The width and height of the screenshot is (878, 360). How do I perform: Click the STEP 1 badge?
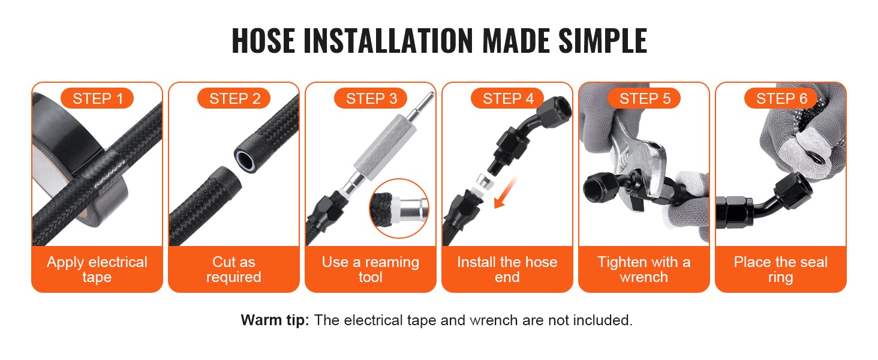tap(97, 98)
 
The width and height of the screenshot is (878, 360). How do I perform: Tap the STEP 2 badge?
tap(234, 98)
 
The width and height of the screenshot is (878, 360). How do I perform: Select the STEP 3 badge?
tap(371, 98)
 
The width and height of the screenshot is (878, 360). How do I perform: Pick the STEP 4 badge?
tap(507, 98)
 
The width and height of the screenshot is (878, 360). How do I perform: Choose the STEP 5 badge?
tap(644, 98)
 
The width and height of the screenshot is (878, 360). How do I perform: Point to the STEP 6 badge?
tap(781, 98)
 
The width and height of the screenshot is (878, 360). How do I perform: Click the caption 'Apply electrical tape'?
tap(97, 269)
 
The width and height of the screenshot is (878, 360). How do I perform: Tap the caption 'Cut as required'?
tap(234, 269)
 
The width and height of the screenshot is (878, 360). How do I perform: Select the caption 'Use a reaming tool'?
tap(371, 269)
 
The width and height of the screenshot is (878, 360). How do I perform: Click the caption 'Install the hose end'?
tap(507, 269)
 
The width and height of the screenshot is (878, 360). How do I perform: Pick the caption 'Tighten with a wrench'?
tap(644, 269)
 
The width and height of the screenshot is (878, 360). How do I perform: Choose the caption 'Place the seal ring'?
tap(781, 269)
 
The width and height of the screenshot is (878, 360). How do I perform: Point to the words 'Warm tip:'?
tap(275, 320)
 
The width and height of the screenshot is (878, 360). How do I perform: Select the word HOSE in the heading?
tap(263, 40)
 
